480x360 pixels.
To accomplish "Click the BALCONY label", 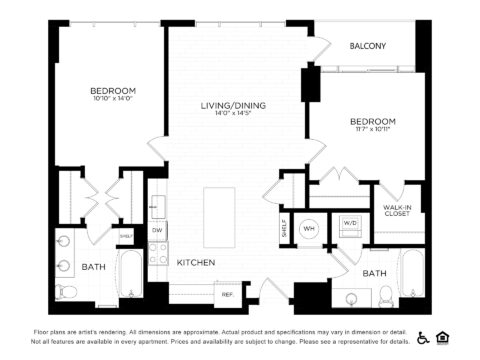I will click(x=368, y=47).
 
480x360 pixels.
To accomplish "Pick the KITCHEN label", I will click(x=196, y=262).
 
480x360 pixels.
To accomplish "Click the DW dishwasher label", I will click(x=158, y=230).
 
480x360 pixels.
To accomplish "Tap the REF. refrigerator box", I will click(x=227, y=294).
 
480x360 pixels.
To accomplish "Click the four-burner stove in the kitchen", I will click(x=158, y=255).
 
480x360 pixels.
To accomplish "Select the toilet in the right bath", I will click(x=387, y=296).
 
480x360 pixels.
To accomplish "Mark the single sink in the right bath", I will click(x=352, y=297).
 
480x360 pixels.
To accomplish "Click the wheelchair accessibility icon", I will click(x=423, y=337).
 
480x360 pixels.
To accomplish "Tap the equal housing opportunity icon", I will click(x=446, y=337).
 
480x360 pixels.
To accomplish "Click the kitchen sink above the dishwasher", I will click(x=157, y=207).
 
